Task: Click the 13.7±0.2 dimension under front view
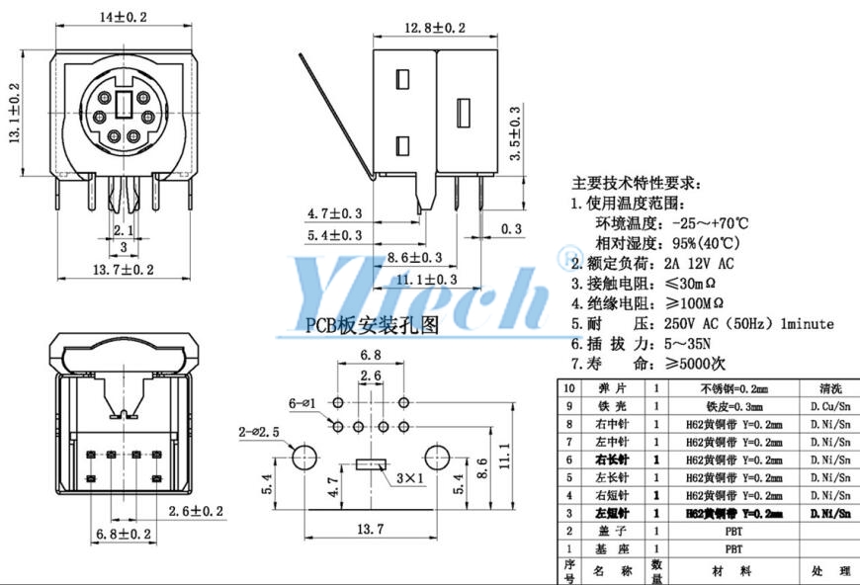pos(123,269)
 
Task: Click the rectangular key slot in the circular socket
pos(123,103)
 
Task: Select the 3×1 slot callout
pos(406,479)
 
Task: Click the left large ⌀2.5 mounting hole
pos(303,458)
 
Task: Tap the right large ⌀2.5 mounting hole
pos(437,458)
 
